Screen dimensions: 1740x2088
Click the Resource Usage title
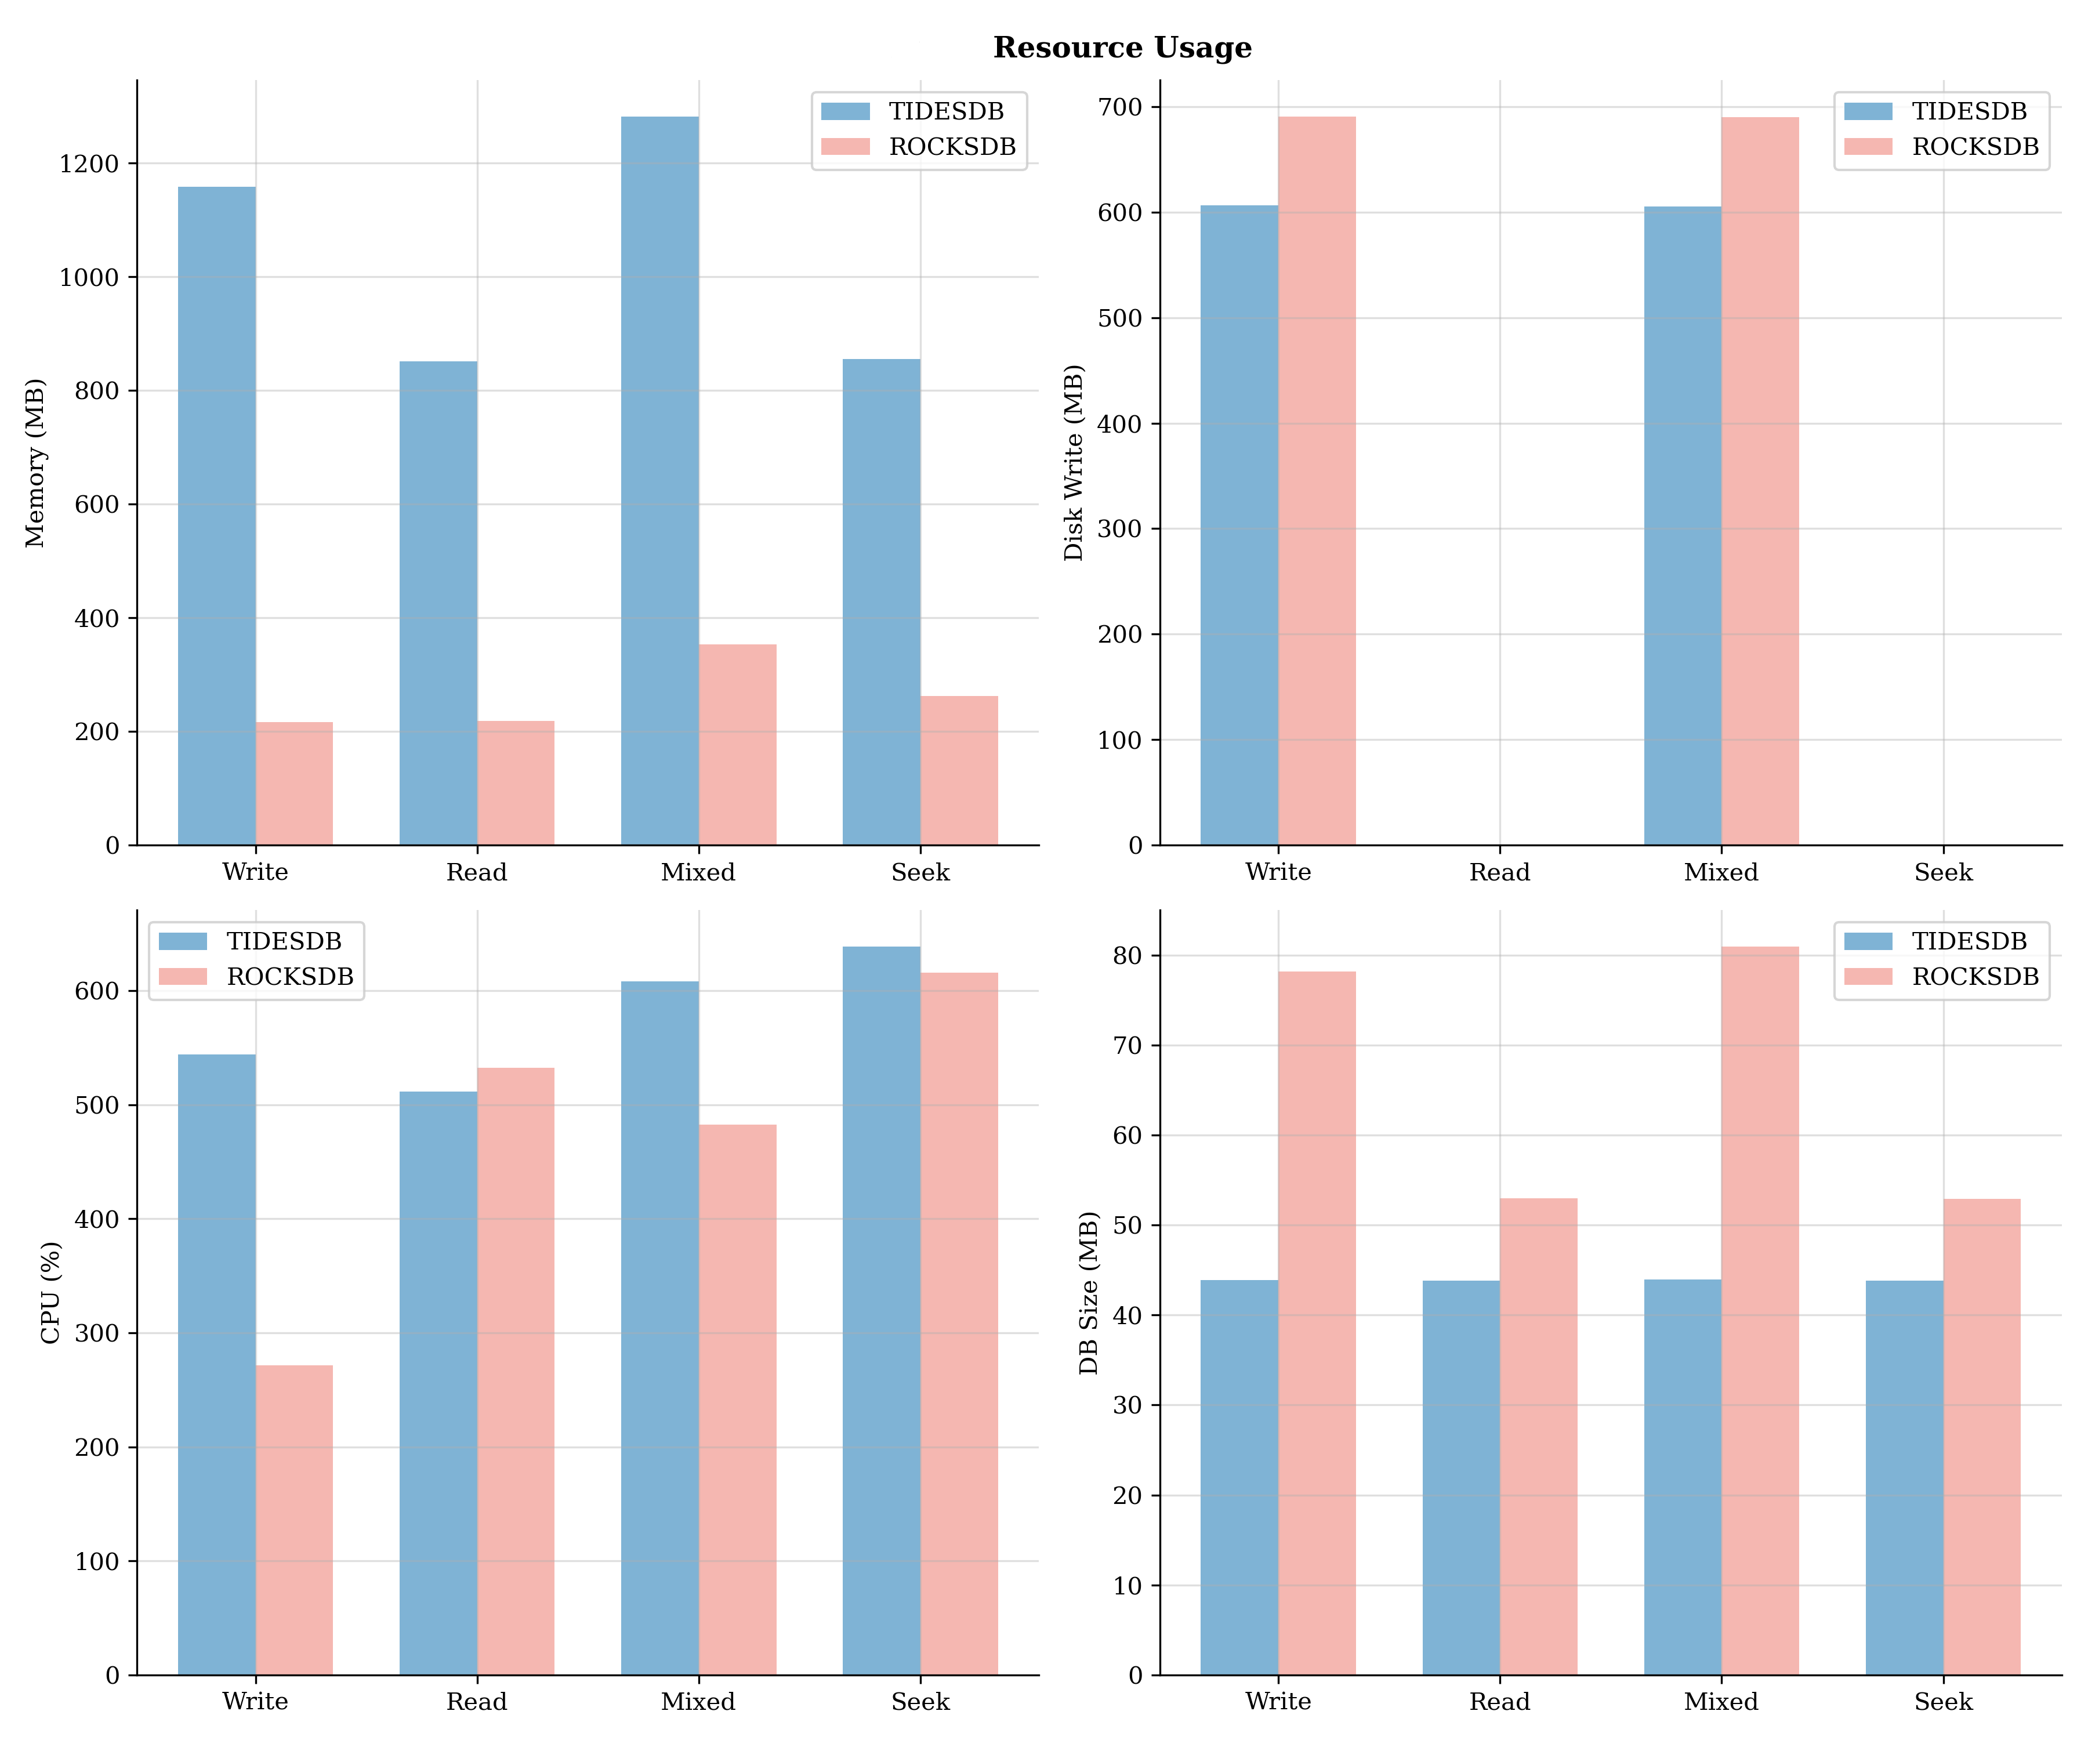[x=1122, y=48]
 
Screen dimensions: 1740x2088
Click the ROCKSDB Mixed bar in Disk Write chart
[x=1760, y=481]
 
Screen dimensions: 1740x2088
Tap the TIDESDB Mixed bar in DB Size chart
[x=1683, y=1477]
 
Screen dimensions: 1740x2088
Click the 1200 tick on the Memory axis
[x=89, y=164]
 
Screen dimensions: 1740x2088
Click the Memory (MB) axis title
[x=36, y=462]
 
